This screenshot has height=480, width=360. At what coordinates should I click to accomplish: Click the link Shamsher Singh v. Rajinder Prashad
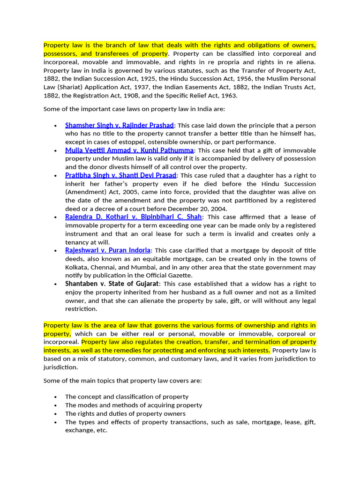coord(120,125)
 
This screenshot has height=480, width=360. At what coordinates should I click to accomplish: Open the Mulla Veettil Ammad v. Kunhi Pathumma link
coord(129,150)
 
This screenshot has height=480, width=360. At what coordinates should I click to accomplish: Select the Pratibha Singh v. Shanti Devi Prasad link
coord(121,175)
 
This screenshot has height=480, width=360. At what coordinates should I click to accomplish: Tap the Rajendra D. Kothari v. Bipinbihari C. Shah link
coord(134,217)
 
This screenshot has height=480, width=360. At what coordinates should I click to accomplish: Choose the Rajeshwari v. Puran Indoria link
coord(108,250)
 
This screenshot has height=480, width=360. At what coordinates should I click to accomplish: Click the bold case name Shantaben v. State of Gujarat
coord(112,284)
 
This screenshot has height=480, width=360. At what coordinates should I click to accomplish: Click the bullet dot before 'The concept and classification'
coord(56,397)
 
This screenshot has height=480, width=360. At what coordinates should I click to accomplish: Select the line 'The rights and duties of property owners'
coord(125,414)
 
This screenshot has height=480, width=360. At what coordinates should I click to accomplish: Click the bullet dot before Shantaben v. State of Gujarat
coord(56,284)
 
